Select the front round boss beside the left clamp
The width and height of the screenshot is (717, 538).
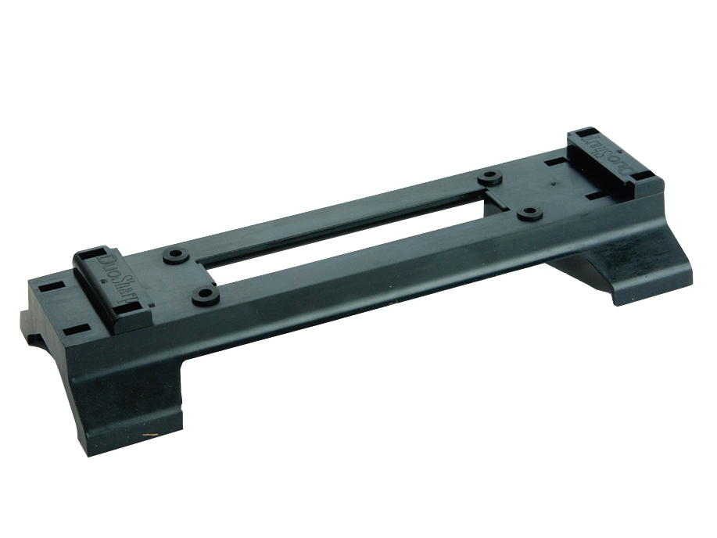[x=205, y=296]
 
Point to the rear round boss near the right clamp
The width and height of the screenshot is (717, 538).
[x=490, y=176]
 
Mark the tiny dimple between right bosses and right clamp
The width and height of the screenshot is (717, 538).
[x=553, y=186]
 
